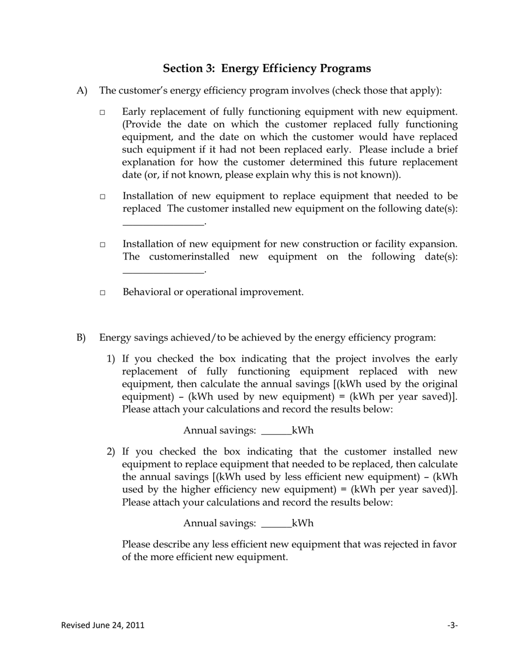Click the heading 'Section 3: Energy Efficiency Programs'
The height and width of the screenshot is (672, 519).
[267, 68]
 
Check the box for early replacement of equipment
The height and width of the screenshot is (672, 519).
[102, 113]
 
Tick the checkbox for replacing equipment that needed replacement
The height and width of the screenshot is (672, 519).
[102, 197]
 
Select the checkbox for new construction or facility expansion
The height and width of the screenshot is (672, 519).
[102, 245]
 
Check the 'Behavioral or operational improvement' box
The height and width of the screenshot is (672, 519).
[102, 293]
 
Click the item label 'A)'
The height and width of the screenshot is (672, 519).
[82, 91]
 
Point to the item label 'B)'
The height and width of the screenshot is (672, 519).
[81, 338]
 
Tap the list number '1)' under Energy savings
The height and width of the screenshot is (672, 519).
[111, 359]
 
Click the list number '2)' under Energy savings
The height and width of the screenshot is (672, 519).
[111, 452]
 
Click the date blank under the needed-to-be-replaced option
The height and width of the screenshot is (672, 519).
[163, 221]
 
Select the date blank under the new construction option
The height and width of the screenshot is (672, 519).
[163, 269]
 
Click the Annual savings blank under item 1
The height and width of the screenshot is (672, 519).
[276, 431]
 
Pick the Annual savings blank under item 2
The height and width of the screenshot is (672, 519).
[276, 524]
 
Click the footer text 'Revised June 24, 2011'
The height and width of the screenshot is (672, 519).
[103, 625]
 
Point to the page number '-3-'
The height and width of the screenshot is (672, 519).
[452, 625]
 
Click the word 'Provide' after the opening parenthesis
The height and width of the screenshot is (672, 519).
[143, 125]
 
